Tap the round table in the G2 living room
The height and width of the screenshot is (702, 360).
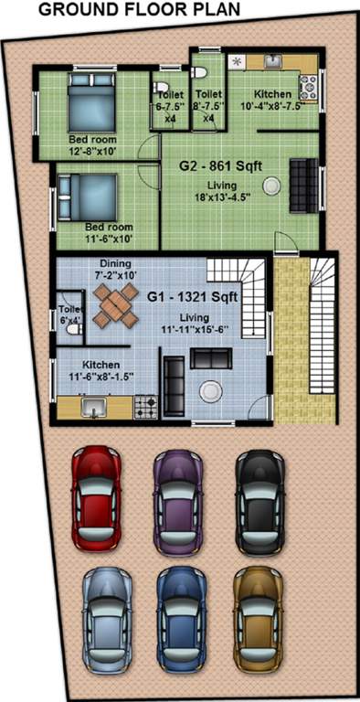tap(271, 185)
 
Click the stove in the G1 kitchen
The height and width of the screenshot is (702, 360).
tap(146, 404)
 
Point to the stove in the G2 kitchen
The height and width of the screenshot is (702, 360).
tap(307, 87)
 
